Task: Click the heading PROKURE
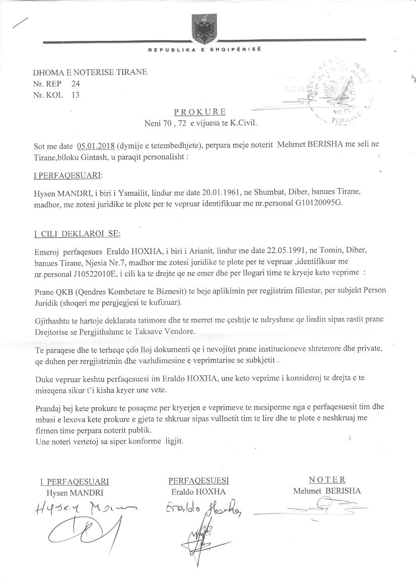coord(200,112)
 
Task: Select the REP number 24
coord(76,83)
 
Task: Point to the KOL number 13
coord(76,94)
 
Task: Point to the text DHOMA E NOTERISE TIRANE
coord(90,72)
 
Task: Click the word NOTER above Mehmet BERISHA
coord(327,479)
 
